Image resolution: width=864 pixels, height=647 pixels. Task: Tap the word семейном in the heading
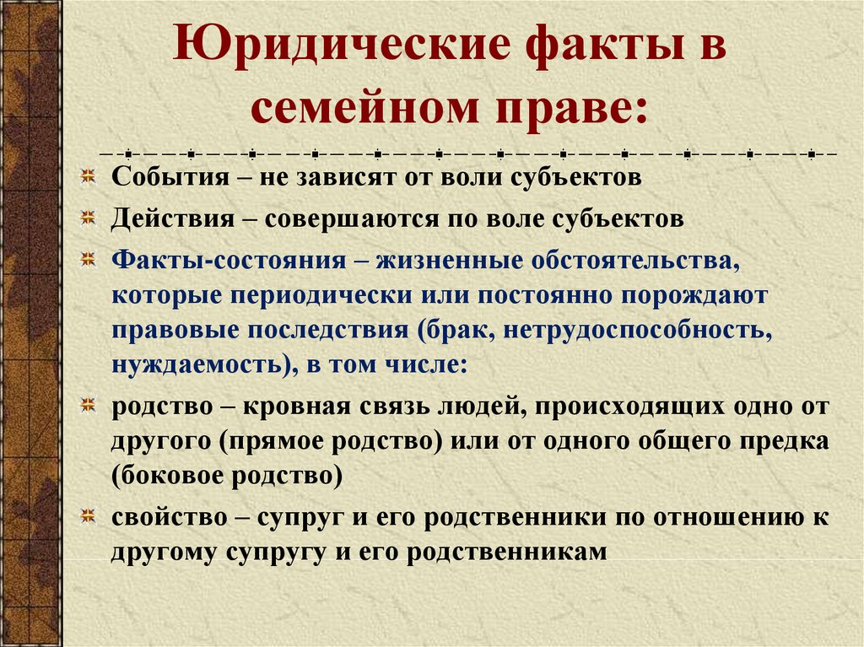364,106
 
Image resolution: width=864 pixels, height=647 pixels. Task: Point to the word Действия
173,218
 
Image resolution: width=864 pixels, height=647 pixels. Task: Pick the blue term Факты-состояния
229,260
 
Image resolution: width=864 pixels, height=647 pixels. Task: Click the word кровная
297,407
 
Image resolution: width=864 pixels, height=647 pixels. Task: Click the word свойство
169,517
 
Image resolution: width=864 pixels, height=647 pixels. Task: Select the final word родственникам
507,553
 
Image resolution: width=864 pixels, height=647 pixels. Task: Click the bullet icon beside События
88,176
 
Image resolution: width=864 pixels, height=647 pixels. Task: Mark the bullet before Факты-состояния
88,259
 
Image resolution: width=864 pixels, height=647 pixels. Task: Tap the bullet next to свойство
88,516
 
